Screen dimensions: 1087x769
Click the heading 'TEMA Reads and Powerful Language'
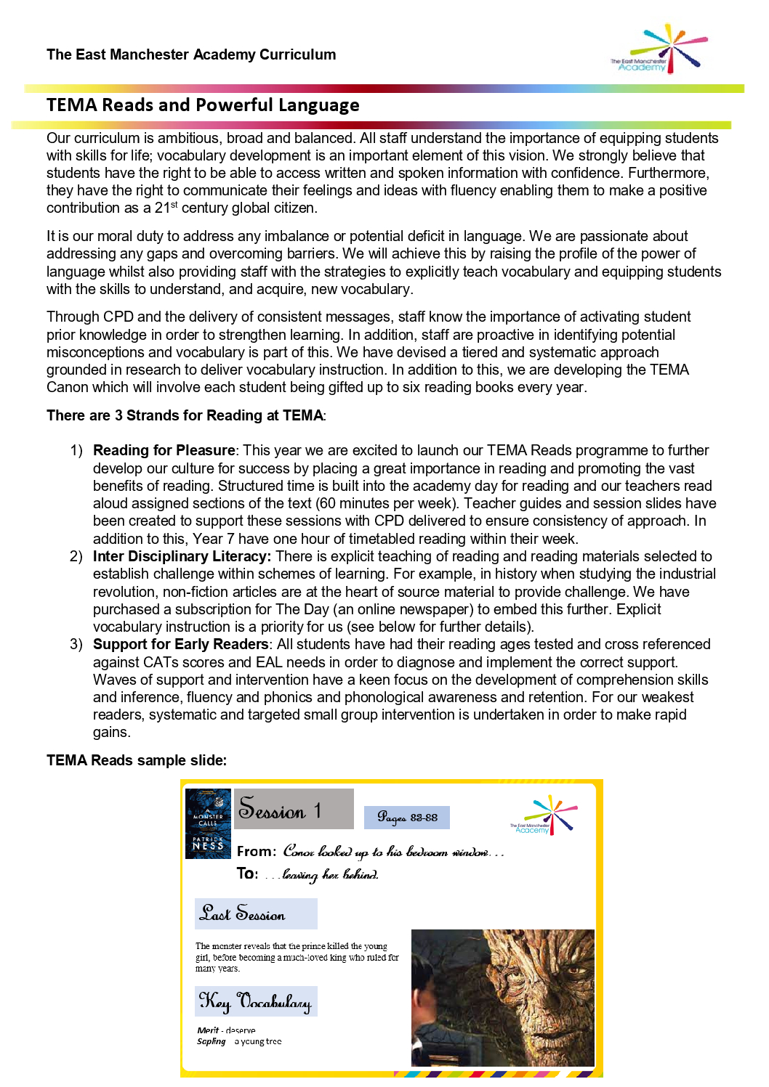pyautogui.click(x=203, y=105)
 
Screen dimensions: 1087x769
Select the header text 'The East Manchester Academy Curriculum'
pyautogui.click(x=191, y=54)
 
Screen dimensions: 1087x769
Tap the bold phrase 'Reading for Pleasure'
pyautogui.click(x=164, y=450)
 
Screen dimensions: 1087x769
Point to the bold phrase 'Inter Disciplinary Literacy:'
pyautogui.click(x=182, y=556)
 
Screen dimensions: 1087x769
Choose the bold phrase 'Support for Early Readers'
pyautogui.click(x=180, y=644)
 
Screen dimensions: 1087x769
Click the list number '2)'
pyautogui.click(x=76, y=556)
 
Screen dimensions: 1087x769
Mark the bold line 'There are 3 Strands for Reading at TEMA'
pyautogui.click(x=185, y=415)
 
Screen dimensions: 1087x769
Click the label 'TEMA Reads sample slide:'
pyautogui.click(x=137, y=760)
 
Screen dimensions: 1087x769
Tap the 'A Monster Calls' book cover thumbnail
pyautogui.click(x=208, y=823)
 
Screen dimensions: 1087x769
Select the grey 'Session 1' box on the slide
pyautogui.click(x=294, y=809)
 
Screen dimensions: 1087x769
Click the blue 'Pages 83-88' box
pyautogui.click(x=406, y=818)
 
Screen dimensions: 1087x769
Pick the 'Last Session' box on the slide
pyautogui.click(x=256, y=913)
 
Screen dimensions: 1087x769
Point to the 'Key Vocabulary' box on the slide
pyautogui.click(x=256, y=1001)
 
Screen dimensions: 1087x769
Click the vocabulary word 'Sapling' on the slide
pyautogui.click(x=212, y=1041)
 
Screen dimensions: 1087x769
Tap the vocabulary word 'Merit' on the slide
pyautogui.click(x=208, y=1030)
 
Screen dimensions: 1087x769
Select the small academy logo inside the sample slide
pyautogui.click(x=544, y=815)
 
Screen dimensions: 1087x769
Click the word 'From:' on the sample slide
pyautogui.click(x=257, y=851)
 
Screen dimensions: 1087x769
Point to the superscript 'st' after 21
pyautogui.click(x=174, y=204)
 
